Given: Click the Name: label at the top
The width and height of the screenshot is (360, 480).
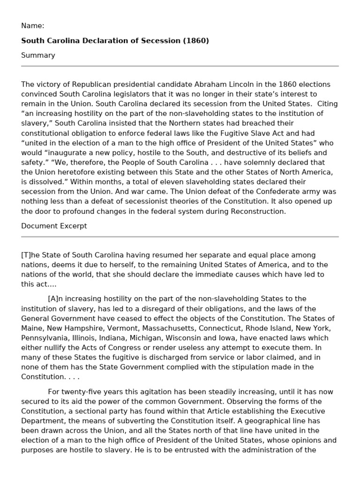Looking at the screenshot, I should (x=33, y=26).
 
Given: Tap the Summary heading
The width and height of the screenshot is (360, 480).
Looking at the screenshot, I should (x=38, y=55).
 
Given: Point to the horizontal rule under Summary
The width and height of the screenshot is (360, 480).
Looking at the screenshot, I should (x=180, y=66).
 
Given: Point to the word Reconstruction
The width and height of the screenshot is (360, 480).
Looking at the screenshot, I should (x=261, y=211).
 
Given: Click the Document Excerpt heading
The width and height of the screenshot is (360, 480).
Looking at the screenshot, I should (x=54, y=226).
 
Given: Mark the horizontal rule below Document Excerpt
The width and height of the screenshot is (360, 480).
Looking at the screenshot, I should (x=180, y=237).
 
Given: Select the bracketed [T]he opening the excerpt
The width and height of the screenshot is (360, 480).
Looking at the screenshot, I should (x=31, y=255).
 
